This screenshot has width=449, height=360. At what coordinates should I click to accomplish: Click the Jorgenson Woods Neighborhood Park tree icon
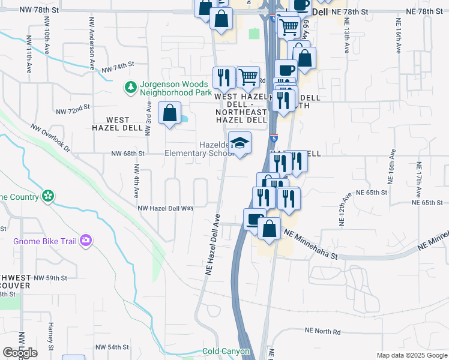(130, 88)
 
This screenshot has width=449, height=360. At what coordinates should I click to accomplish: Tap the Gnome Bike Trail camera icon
(86, 241)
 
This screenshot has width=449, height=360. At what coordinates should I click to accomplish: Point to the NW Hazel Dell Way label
(166, 208)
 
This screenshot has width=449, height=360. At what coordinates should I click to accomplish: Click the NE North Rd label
(322, 331)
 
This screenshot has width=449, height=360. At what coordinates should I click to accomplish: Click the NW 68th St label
(128, 154)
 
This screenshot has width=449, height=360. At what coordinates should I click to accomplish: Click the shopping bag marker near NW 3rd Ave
(170, 112)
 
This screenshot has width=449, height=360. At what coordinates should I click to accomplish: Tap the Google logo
(20, 352)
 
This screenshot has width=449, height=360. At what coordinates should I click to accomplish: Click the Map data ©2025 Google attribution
(412, 355)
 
